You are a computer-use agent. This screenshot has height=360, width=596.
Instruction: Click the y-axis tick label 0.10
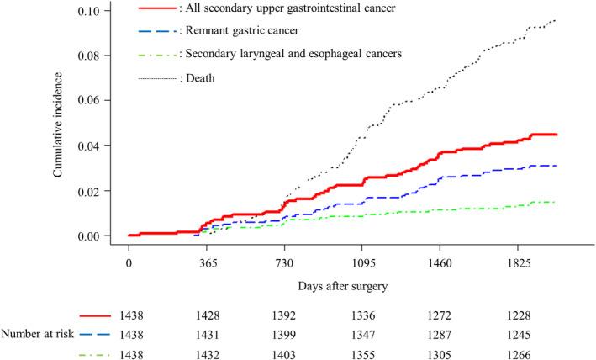click(x=96, y=11)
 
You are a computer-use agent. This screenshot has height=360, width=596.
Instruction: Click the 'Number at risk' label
click(x=39, y=334)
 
